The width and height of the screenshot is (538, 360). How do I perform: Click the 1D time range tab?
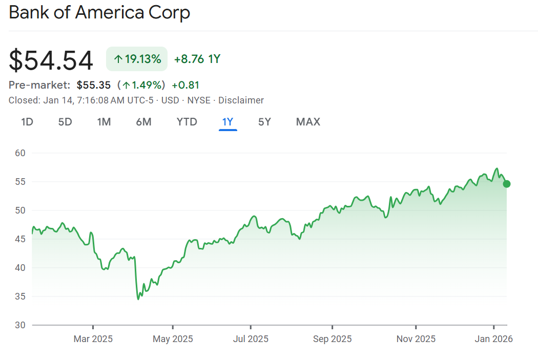[27, 122]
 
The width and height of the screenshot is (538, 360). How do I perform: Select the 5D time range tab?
[65, 122]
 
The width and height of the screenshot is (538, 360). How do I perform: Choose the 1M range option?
[104, 122]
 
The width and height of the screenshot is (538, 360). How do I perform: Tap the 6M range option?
[144, 122]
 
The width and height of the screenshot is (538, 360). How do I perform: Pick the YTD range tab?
[187, 122]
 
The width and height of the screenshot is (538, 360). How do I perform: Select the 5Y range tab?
[264, 122]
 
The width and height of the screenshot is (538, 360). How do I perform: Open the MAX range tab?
[308, 122]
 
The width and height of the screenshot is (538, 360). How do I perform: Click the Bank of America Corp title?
[99, 12]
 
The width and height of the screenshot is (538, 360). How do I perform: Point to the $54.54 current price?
[51, 60]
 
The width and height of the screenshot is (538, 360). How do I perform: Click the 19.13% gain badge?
[137, 59]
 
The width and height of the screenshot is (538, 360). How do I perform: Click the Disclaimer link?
[241, 100]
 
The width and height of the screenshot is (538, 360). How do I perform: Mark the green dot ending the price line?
[507, 184]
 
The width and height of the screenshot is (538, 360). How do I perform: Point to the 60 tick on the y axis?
[20, 153]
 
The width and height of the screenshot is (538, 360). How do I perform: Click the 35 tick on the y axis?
[20, 297]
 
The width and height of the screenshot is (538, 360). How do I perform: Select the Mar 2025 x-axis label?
[93, 339]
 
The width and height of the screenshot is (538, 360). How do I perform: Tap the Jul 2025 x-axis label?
[251, 339]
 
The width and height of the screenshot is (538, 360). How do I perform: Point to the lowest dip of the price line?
[138, 299]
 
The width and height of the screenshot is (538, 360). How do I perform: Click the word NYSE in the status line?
[198, 100]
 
